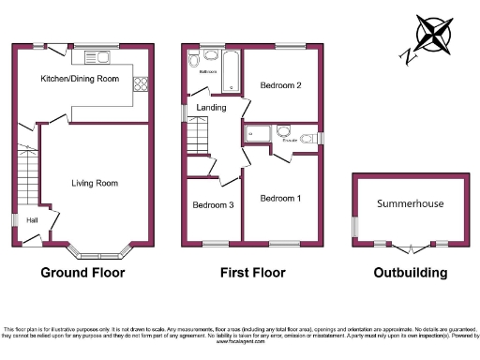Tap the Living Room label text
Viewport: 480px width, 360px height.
click(95, 183)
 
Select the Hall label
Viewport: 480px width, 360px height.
click(32, 220)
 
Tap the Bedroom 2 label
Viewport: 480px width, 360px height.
click(279, 85)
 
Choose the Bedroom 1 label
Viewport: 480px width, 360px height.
click(280, 199)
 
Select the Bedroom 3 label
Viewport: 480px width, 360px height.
click(212, 205)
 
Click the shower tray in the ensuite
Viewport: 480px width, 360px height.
click(256, 135)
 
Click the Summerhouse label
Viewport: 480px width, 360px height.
click(411, 202)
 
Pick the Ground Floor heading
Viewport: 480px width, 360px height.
click(82, 273)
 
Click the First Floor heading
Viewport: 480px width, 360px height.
click(251, 273)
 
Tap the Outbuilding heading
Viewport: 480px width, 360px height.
click(410, 273)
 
